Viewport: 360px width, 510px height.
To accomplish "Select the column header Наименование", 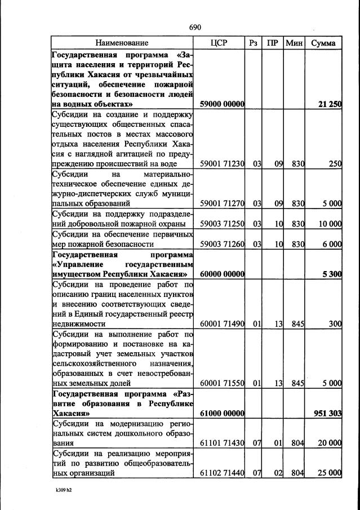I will (x=122, y=43).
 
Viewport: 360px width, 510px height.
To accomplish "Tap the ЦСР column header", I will (x=217, y=43).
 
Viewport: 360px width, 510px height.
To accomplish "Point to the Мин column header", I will (x=294, y=43).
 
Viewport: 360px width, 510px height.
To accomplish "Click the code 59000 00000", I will (x=222, y=104).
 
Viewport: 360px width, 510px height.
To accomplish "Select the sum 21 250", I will (x=330, y=104).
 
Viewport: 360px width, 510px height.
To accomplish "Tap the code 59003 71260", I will (x=222, y=244).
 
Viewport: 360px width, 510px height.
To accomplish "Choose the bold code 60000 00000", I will (x=222, y=274).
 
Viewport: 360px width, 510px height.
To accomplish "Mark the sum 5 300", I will (x=332, y=274).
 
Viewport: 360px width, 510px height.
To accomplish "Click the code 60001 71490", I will (x=222, y=325).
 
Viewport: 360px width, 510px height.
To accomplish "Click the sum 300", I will (x=335, y=325).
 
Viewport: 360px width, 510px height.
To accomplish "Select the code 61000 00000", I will (x=222, y=413).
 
